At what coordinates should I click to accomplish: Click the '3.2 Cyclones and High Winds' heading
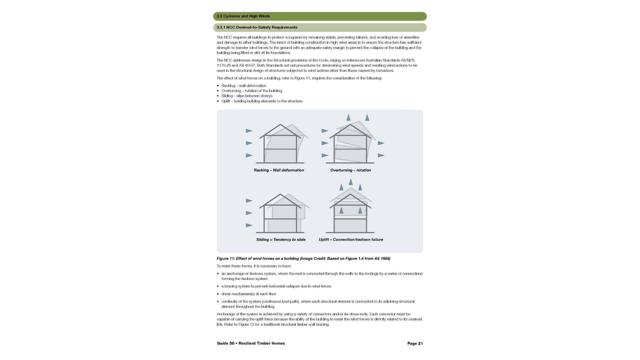243,16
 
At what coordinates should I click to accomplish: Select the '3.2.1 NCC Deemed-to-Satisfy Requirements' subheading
257,27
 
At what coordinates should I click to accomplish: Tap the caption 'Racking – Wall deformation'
279,170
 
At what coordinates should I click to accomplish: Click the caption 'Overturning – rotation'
350,170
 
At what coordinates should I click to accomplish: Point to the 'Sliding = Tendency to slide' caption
281,239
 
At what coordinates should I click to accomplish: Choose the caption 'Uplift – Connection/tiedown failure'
351,239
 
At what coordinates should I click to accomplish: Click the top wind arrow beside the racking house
249,131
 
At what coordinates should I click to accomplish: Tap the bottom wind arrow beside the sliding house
249,225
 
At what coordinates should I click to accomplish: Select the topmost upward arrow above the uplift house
351,182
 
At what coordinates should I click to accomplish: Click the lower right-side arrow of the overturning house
381,155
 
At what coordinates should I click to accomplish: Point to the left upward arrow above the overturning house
348,117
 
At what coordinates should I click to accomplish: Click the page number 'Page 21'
415,343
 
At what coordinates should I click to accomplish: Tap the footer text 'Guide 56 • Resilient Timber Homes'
251,343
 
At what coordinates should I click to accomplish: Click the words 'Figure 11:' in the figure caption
226,258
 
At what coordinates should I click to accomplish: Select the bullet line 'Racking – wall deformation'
244,86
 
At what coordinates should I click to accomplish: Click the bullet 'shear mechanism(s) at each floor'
249,294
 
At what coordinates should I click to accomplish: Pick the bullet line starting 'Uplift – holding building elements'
262,101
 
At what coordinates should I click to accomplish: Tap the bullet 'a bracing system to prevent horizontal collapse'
276,286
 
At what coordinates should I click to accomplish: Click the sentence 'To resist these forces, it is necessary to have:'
254,266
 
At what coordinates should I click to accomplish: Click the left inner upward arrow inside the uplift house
341,210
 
